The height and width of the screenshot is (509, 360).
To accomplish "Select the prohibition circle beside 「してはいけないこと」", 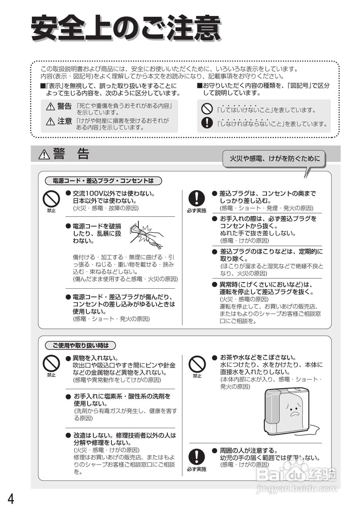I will (207, 109).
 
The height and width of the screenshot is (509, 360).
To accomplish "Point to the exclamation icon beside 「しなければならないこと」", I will (207, 123).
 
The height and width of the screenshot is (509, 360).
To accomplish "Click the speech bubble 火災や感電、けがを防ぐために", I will (274, 159).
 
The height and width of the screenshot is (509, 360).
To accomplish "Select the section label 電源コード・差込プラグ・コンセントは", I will (103, 181).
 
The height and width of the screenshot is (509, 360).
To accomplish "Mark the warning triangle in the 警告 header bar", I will (44, 154).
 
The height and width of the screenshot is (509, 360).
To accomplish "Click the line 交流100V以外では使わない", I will (114, 193).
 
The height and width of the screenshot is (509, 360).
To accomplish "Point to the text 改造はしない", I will (91, 435).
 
